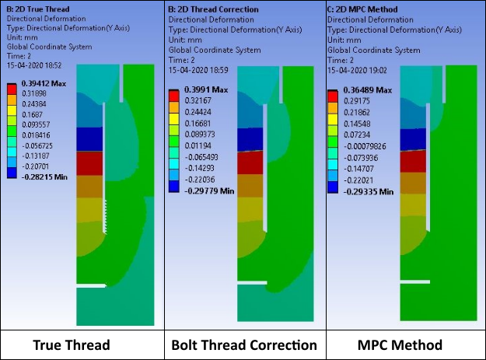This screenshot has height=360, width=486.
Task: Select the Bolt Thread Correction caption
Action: click(x=243, y=344)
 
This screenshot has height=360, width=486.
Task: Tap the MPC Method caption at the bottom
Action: click(x=404, y=344)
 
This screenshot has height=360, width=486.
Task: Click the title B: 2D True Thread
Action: click(x=39, y=8)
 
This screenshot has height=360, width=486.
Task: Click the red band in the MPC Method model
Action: click(x=411, y=161)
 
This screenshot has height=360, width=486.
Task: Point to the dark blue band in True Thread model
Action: click(x=90, y=138)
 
